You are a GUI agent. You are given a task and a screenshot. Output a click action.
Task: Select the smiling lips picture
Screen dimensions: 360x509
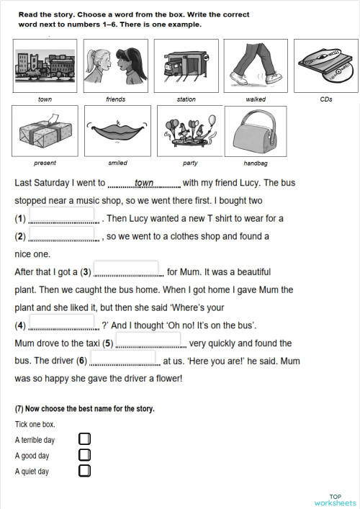tap(117, 132)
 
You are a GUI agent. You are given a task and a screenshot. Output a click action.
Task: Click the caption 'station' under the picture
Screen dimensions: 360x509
tap(186, 99)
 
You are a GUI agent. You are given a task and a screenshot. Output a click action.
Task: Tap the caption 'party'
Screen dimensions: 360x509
tap(190, 163)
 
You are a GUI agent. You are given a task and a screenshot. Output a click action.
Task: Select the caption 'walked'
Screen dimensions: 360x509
tap(255, 99)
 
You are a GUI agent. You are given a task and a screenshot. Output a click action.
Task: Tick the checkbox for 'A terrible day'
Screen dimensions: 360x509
tap(84, 438)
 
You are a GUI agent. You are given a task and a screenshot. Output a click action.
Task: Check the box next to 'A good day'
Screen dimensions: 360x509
tap(84, 454)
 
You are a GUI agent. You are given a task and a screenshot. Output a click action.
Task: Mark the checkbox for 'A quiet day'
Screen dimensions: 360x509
tap(84, 471)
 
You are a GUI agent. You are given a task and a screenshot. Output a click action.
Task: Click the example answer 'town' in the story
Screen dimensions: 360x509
tap(144, 183)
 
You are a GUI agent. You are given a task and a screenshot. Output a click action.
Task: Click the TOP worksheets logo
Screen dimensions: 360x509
tap(335, 499)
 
